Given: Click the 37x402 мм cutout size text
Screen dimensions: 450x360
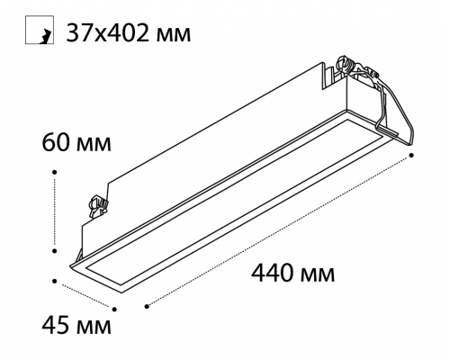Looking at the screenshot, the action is pyautogui.click(x=128, y=32).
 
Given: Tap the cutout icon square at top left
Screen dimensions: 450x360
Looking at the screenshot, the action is pyautogui.click(x=40, y=30).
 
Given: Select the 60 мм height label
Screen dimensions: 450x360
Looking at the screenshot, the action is pyautogui.click(x=76, y=143).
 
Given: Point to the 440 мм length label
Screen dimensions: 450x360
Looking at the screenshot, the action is pyautogui.click(x=292, y=274).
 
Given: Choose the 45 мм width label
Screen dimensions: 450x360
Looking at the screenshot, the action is pyautogui.click(x=76, y=326).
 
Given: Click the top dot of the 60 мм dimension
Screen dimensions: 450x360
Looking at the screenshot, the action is pyautogui.click(x=55, y=172).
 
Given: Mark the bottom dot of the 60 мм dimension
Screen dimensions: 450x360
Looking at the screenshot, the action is pyautogui.click(x=55, y=250).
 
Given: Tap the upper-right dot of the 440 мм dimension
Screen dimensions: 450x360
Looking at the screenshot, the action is pyautogui.click(x=412, y=155).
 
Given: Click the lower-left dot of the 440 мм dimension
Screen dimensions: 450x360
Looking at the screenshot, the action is pyautogui.click(x=147, y=306).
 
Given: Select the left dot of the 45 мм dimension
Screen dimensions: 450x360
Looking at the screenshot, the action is pyautogui.click(x=55, y=281).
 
